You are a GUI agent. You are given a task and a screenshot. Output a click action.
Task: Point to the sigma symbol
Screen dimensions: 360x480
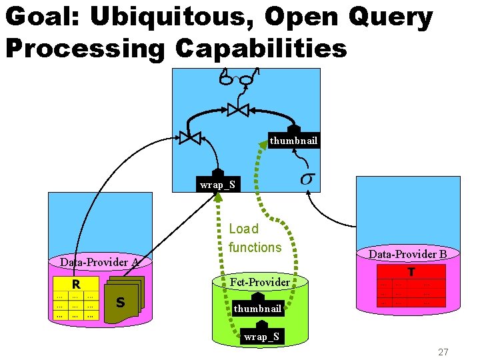(x=307, y=179)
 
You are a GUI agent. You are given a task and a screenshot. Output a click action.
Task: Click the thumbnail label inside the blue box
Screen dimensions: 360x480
(x=293, y=140)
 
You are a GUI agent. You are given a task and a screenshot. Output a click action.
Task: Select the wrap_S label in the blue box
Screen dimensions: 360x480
(x=217, y=184)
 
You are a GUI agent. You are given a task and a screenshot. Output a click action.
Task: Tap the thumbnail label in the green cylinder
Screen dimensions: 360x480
(x=257, y=309)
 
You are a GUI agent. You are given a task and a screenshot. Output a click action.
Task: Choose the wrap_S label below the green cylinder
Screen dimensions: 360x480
(x=261, y=337)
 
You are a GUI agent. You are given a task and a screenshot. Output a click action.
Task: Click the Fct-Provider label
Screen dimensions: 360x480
(x=259, y=282)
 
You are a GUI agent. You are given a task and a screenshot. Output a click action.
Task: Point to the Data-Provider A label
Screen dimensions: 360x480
(x=99, y=262)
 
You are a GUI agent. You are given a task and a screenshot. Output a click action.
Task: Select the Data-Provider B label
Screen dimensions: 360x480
(x=407, y=254)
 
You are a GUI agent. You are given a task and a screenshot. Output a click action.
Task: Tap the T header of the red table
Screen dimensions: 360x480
(x=411, y=272)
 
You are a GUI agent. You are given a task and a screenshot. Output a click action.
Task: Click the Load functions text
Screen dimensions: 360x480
(x=255, y=238)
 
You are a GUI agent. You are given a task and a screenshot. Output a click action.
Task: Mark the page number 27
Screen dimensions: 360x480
(x=443, y=352)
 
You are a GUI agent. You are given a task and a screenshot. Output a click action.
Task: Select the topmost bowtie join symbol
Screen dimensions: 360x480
(x=237, y=109)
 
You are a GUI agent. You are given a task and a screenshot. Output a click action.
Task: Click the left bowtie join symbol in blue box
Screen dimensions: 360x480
(x=190, y=137)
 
